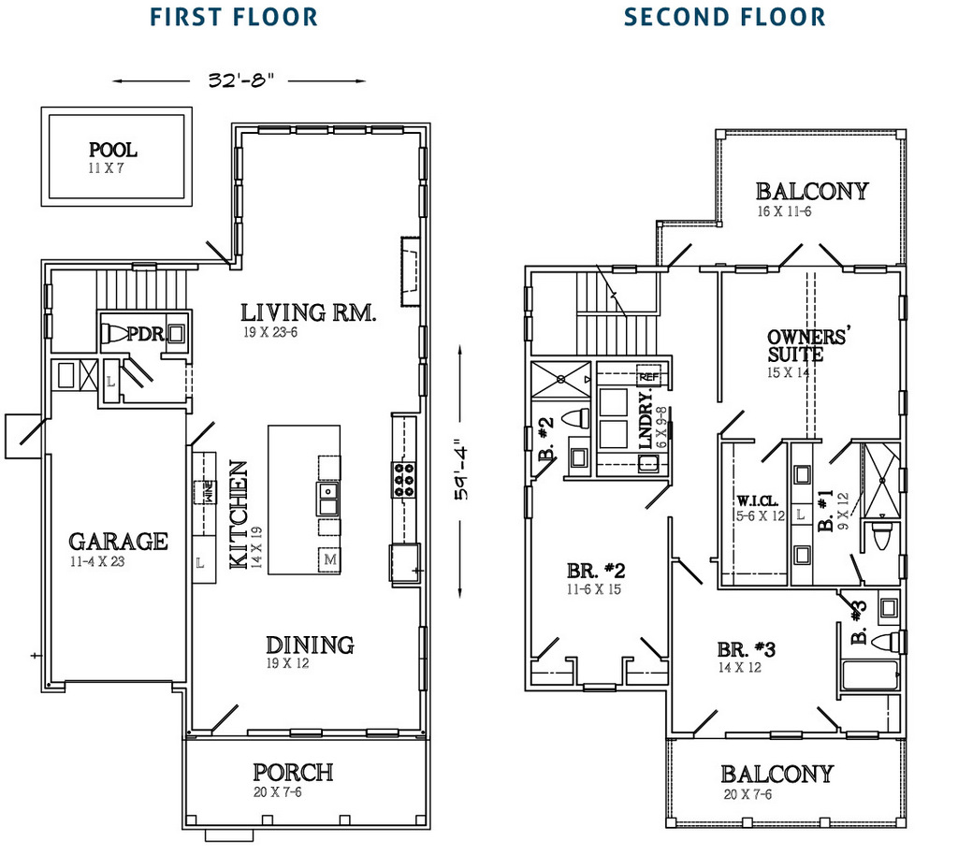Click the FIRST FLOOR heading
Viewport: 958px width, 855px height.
(234, 17)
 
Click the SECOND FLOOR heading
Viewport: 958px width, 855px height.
(725, 17)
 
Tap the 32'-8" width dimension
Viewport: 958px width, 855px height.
(240, 80)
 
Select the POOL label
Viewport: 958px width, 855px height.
(113, 150)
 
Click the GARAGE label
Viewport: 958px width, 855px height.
(118, 541)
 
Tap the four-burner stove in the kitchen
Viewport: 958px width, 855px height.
(404, 479)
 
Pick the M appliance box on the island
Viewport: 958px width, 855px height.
(330, 559)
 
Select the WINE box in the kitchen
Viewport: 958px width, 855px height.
(205, 492)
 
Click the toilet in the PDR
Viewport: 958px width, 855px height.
(113, 333)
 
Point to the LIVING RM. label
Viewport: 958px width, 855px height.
(308, 312)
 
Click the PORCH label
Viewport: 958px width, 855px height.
(293, 773)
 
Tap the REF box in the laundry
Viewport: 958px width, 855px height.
(648, 377)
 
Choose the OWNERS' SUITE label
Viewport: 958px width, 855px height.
(807, 346)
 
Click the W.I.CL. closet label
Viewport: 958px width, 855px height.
(758, 501)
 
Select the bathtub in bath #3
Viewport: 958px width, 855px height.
(870, 675)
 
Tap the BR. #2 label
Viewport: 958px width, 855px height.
(596, 571)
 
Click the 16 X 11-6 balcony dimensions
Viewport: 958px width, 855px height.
(785, 211)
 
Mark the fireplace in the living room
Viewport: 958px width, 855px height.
(410, 271)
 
